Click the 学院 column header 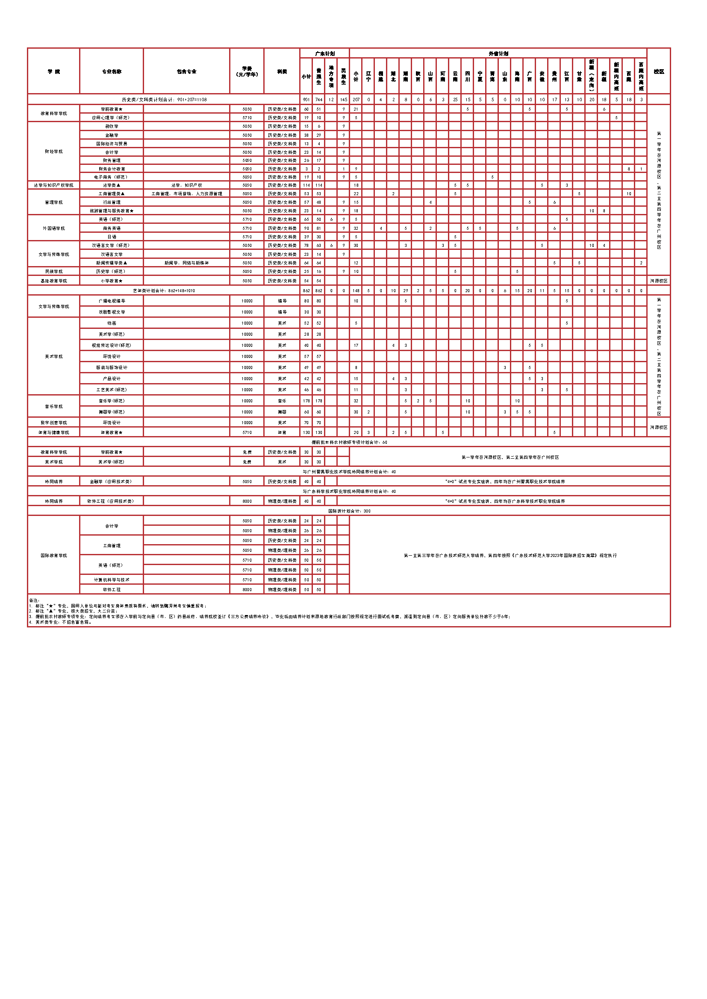click(53, 71)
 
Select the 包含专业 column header click(186, 71)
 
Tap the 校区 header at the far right click(658, 71)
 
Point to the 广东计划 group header click(324, 53)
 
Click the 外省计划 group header click(498, 53)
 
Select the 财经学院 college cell click(53, 152)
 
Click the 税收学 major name click(112, 126)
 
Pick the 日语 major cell click(112, 237)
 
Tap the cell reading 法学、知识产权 click(186, 185)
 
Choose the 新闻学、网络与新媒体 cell click(186, 263)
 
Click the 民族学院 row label click(53, 272)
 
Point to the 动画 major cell click(112, 323)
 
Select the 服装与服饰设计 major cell click(112, 368)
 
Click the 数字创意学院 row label click(53, 423)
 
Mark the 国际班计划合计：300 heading click(349, 511)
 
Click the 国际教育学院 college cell click(53, 556)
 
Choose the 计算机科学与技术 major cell click(112, 580)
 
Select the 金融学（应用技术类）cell click(112, 482)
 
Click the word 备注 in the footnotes click(34, 601)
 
